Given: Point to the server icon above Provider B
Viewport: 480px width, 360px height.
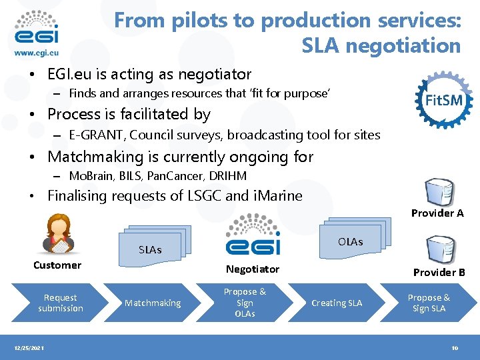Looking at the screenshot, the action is pyautogui.click(x=441, y=250).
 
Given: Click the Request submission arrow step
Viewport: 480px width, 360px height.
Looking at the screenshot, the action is pyautogui.click(x=60, y=303).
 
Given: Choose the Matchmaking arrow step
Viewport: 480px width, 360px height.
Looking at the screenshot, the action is pyautogui.click(x=153, y=303).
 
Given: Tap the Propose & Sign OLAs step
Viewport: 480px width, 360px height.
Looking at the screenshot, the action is pyautogui.click(x=245, y=303).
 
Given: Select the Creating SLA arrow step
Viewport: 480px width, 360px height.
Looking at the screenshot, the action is pyautogui.click(x=337, y=303).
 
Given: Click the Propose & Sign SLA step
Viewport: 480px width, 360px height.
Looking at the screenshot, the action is pyautogui.click(x=429, y=303).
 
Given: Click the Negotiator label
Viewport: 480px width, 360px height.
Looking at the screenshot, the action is pyautogui.click(x=252, y=269).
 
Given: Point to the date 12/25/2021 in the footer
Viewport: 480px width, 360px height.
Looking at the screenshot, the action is pyautogui.click(x=30, y=349).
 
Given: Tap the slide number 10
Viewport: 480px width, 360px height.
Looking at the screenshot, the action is pyautogui.click(x=455, y=349).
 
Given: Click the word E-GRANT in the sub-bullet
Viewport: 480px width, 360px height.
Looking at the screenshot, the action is pyautogui.click(x=97, y=135).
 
